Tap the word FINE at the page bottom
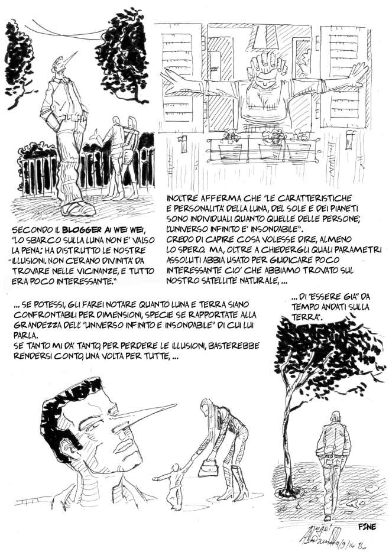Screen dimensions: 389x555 point(367,526)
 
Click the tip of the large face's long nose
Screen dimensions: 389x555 point(176,404)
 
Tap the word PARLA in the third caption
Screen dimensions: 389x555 point(24,335)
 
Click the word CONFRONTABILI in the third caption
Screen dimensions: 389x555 point(41,314)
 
